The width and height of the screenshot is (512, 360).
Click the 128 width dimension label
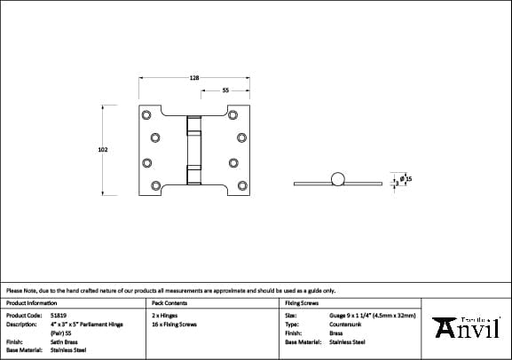tap(193, 78)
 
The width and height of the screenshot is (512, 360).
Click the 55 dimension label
tap(225, 90)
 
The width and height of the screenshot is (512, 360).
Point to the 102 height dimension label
tap(102, 151)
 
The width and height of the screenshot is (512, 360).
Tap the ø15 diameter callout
tap(406, 178)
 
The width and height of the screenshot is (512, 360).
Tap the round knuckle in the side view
tap(335, 181)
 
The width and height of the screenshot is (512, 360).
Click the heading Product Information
tap(31, 303)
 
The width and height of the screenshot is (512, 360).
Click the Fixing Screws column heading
tap(302, 303)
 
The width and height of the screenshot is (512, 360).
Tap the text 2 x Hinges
tap(164, 315)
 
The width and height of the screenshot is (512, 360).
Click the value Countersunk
tap(344, 324)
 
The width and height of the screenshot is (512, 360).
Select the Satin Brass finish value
tap(62, 341)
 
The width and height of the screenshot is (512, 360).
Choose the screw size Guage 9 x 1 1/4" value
tap(372, 315)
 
